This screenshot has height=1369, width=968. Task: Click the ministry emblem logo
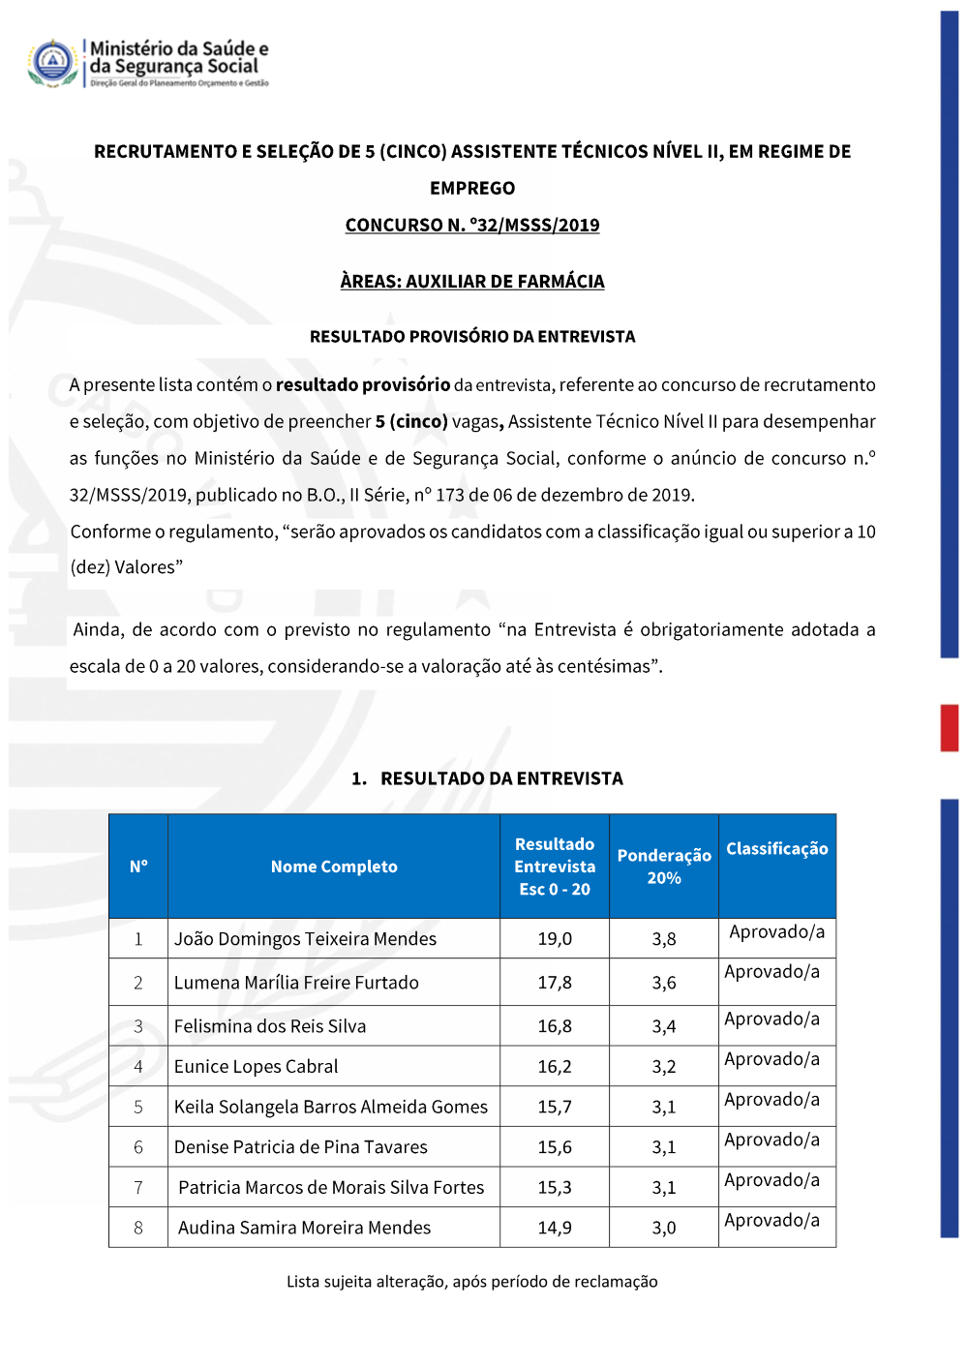53,63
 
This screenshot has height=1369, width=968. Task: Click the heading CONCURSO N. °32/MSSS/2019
472,225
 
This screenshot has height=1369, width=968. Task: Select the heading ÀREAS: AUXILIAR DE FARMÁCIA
472,281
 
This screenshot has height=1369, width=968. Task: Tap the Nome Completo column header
334,867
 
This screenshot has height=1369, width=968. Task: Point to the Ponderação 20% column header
664,867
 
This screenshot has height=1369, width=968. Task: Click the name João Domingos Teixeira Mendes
305,938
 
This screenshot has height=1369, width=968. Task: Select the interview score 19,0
555,938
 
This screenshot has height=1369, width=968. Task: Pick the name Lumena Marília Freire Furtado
296,982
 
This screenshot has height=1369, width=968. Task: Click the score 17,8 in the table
555,982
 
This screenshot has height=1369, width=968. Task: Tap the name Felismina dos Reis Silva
270,1026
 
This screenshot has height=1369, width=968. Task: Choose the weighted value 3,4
664,1026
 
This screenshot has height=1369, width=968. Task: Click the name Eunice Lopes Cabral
257,1066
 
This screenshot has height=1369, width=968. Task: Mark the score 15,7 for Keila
555,1107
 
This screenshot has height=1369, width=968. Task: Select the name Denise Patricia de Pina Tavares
301,1147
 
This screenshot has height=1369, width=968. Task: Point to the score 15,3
555,1187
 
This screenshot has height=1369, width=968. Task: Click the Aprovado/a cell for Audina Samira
772,1220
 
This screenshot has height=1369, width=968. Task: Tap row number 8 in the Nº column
138,1228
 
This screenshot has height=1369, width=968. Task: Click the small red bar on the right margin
949,728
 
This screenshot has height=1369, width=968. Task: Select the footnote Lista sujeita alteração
472,1281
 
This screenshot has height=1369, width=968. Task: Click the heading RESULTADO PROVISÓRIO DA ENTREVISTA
472,336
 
